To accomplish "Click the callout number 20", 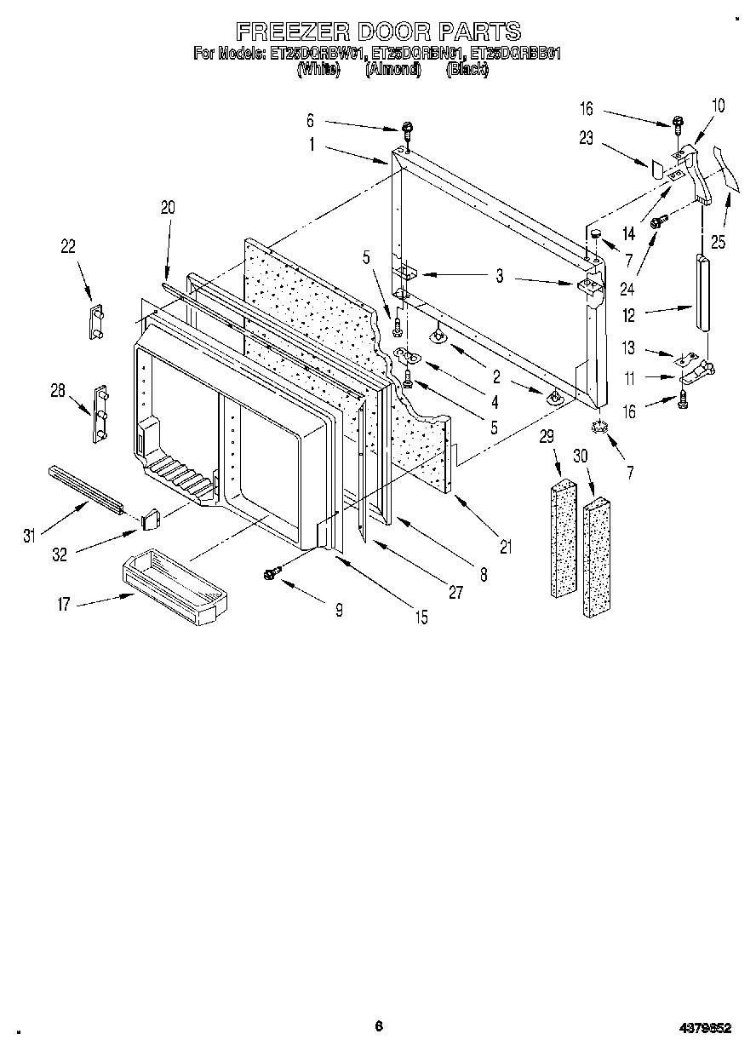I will (167, 206).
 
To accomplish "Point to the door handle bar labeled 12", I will (702, 291).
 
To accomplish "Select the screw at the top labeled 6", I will (408, 130).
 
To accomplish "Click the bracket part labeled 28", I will (101, 415).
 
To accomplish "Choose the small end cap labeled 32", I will (150, 516).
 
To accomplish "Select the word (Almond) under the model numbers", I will (392, 71).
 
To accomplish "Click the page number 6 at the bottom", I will (378, 1026).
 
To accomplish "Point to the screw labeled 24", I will (657, 221).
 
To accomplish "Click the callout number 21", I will (506, 547).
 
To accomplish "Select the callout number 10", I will (718, 106).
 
